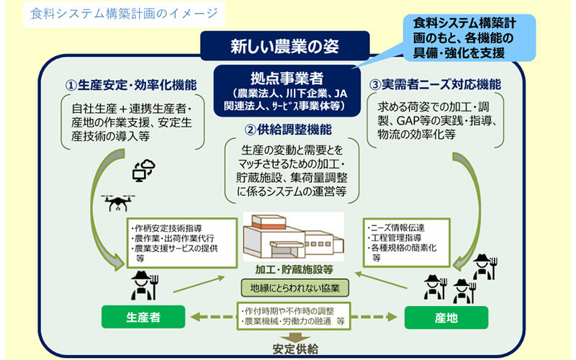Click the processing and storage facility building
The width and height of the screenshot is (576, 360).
click(x=287, y=238)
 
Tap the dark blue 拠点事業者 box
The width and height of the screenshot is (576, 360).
click(x=288, y=89)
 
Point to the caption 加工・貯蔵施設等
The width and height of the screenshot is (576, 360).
click(x=291, y=269)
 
